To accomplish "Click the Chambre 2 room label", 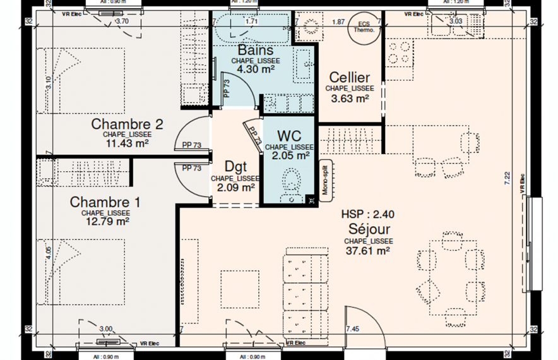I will pos(128,123).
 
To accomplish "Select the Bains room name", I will pos(256,50).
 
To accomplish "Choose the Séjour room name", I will pos(369,229).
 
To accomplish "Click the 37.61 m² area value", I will pos(369,251).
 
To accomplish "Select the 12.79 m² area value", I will pos(105,222).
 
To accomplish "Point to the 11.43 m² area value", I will pos(128,143).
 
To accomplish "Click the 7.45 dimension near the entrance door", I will pos(353,329).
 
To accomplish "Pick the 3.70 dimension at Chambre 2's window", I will pos(120,21).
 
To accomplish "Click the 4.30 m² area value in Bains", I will pos(255,70).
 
